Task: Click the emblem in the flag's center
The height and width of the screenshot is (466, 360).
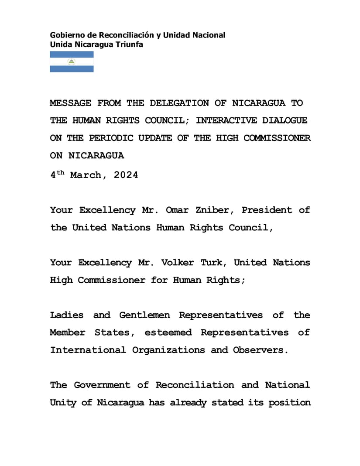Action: [x=72, y=62]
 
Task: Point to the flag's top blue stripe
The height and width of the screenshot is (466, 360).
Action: [x=72, y=55]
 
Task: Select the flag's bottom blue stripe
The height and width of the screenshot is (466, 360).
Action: [x=72, y=69]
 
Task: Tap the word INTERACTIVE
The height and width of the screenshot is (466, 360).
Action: [x=226, y=120]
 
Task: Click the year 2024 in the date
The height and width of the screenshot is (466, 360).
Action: [x=126, y=175]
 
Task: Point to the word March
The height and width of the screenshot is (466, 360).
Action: [x=89, y=175]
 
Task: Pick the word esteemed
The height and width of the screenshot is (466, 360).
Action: [x=168, y=332]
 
